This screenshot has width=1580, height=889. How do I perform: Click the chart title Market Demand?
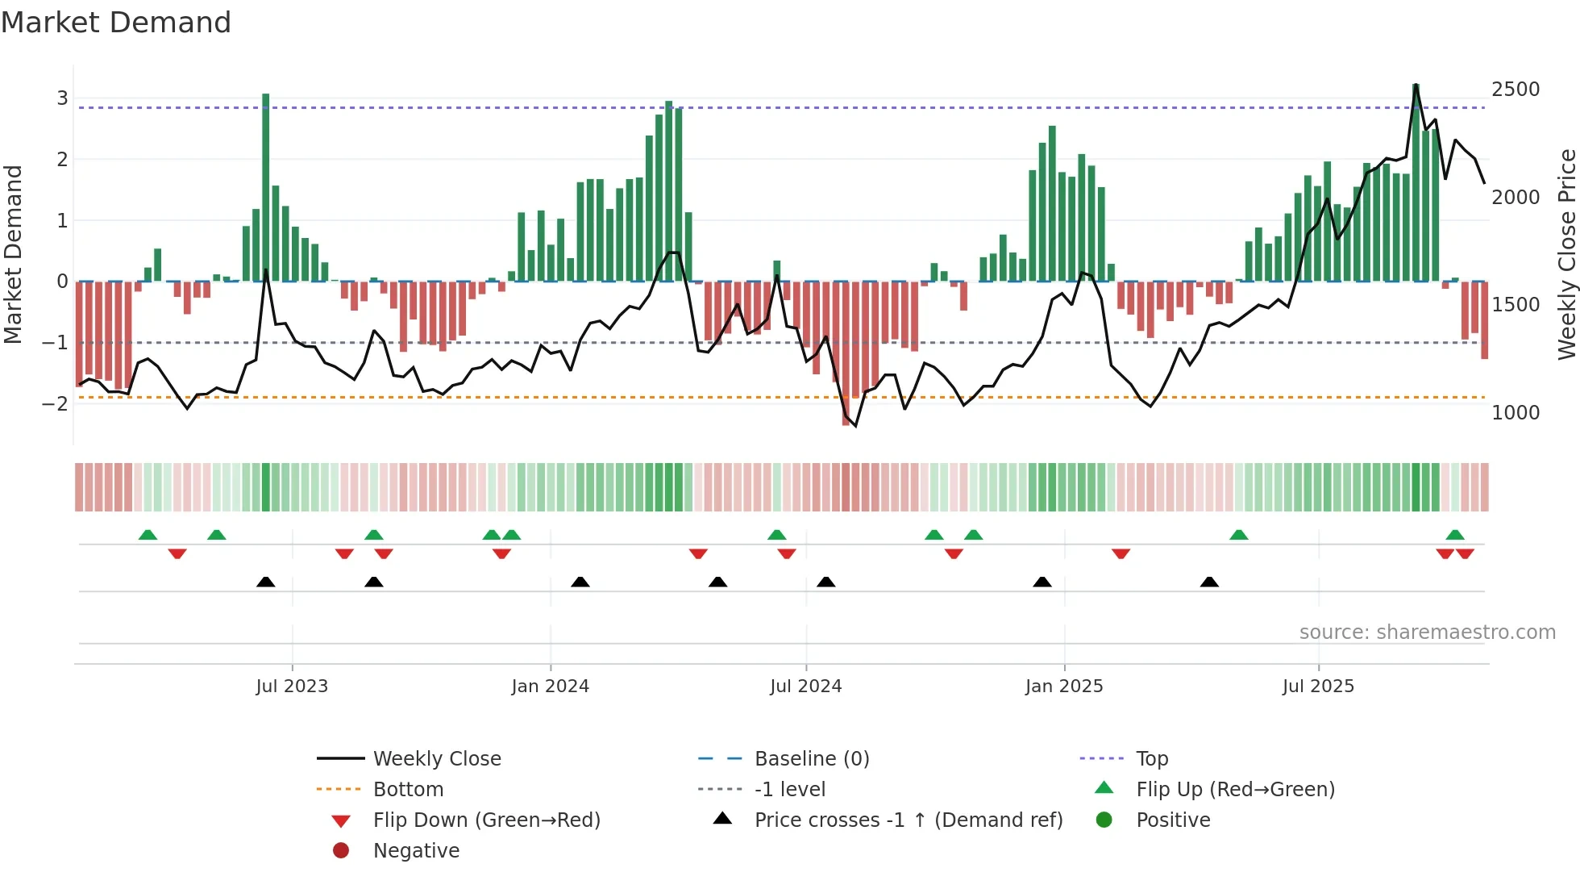(x=116, y=23)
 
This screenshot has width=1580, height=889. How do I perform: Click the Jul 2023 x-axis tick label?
(x=292, y=687)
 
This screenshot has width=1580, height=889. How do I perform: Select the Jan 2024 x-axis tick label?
(x=550, y=687)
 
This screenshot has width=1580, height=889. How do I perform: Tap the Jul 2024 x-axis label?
(x=805, y=687)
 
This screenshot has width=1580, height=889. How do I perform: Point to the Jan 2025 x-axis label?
(x=1064, y=687)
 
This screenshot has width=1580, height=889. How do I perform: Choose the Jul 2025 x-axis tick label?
(x=1318, y=687)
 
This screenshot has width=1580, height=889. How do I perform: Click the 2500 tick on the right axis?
(x=1516, y=90)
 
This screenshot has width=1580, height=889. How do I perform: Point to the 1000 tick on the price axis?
(x=1516, y=413)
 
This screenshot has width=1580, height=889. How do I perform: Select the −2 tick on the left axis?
(x=55, y=403)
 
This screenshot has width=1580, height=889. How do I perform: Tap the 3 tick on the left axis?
(x=62, y=98)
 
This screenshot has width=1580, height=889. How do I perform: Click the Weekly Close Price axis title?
(x=1566, y=254)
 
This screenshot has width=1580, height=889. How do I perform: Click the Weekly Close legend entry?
(x=436, y=759)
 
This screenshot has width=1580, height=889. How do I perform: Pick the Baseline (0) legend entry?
(x=811, y=759)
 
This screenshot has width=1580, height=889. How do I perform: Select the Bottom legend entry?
(x=408, y=790)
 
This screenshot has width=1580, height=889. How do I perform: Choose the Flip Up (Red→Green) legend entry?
(x=1235, y=790)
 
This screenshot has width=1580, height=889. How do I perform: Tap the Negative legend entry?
(x=416, y=851)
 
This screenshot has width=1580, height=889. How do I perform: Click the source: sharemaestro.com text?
(x=1427, y=632)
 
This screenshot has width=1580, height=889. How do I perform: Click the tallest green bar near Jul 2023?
(x=266, y=186)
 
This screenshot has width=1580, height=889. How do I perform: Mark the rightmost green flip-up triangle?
(x=1455, y=535)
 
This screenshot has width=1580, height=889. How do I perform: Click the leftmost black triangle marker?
(x=266, y=582)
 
